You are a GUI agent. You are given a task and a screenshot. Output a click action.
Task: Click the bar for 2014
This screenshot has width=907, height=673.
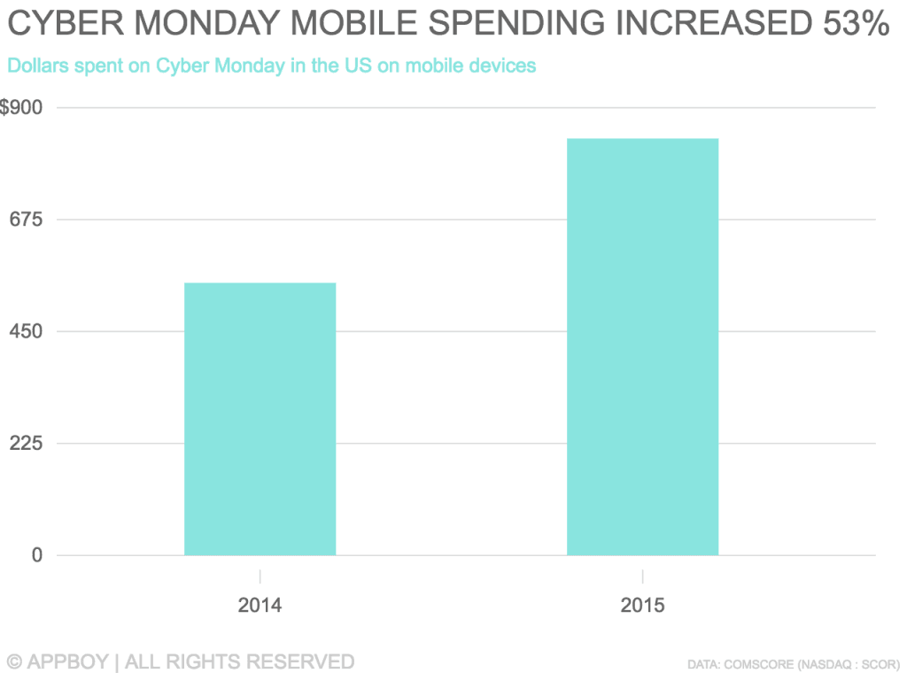pos(260,419)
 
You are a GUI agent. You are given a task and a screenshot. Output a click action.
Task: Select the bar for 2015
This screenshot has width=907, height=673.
pos(642,346)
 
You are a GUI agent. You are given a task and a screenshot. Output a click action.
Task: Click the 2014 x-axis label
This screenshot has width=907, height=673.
pos(260,607)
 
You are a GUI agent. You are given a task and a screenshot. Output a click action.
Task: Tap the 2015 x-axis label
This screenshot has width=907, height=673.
pos(642,607)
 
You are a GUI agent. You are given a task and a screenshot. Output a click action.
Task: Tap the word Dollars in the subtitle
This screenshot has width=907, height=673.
pos(35,66)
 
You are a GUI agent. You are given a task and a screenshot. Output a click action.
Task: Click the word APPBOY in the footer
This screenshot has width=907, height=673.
pos(69,661)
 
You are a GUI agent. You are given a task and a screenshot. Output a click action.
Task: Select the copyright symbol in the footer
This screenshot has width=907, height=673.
pos(15,661)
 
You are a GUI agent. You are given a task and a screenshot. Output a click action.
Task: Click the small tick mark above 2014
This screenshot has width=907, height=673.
pos(260,576)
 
